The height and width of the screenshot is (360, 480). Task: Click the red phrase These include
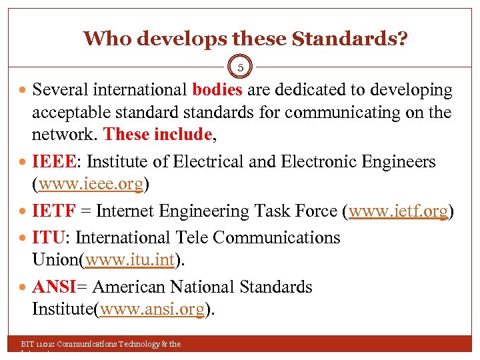158,134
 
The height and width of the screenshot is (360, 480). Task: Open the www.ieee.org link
91,184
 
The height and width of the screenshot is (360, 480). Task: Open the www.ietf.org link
398,211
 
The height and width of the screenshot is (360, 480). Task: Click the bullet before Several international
23,89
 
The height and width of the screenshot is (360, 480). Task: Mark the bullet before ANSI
23,287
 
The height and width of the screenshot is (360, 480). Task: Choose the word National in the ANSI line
204,287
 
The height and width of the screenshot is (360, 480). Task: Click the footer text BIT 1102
38,344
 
